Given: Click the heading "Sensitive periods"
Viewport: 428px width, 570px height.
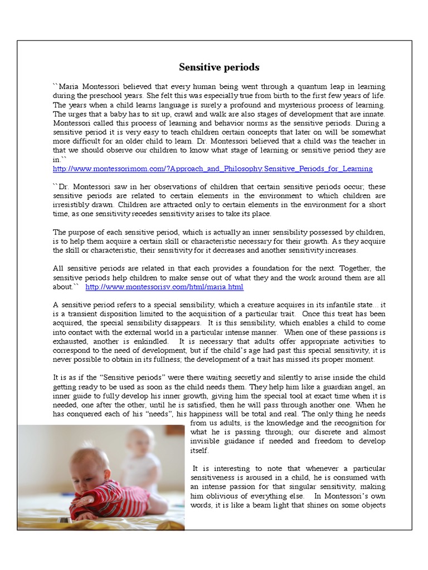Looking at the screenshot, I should coord(219,67).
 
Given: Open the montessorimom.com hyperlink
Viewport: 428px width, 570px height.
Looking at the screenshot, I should coord(212,169).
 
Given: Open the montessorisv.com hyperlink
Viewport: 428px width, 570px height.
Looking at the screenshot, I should coord(164,287).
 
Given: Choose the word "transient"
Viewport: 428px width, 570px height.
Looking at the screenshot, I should coord(79,314).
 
